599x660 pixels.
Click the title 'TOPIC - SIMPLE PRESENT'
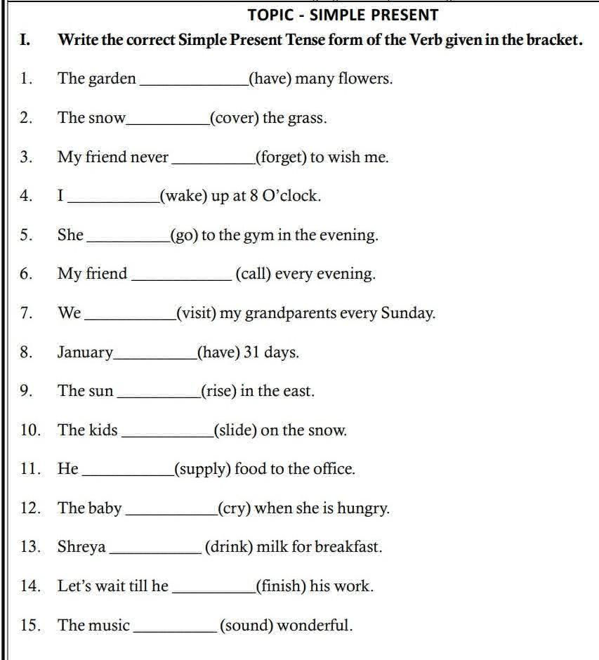pos(343,15)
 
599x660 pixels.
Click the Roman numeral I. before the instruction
pos(25,39)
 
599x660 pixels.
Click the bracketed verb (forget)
pos(281,157)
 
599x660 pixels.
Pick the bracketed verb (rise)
pos(218,391)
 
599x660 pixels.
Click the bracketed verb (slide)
pos(235,430)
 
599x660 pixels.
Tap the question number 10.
pos(30,430)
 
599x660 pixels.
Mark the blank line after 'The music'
pos(174,630)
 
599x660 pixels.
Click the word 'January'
pos(85,352)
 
